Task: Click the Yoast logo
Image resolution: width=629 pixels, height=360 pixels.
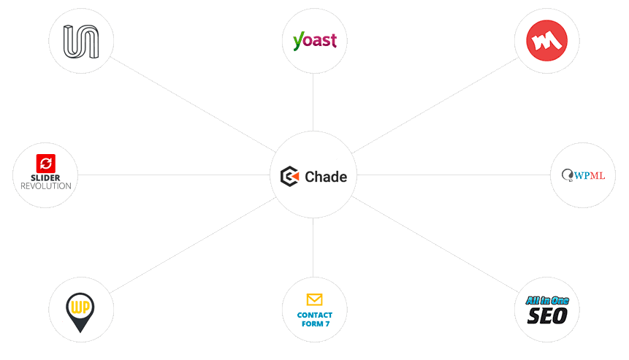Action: click(x=314, y=41)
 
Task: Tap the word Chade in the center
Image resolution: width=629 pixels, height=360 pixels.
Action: click(x=326, y=177)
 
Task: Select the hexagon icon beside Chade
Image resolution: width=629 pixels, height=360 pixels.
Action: click(x=290, y=176)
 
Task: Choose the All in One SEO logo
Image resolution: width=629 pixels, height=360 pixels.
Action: click(x=547, y=310)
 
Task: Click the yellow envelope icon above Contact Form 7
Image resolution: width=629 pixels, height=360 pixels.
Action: click(x=314, y=299)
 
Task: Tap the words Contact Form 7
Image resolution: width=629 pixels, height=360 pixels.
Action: click(x=314, y=319)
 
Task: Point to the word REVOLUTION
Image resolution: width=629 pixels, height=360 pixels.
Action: click(x=45, y=186)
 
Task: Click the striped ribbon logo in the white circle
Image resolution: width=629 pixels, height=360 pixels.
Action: click(x=80, y=41)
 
